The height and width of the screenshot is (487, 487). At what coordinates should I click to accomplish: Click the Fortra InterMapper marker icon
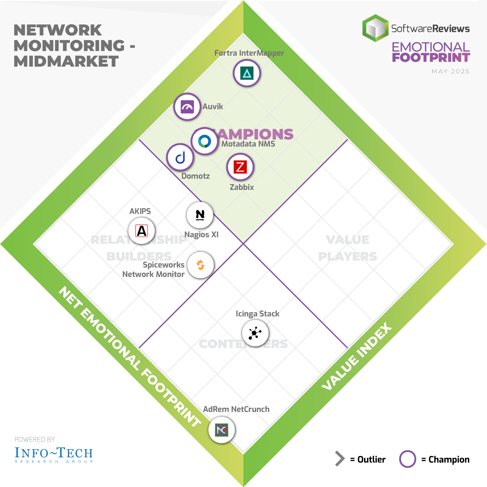(247, 73)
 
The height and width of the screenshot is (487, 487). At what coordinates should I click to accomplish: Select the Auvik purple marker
(188, 107)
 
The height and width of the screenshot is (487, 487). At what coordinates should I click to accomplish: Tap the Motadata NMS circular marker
(205, 142)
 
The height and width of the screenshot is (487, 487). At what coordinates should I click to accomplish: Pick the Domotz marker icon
(180, 157)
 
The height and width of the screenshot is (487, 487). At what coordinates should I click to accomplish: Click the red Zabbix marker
(240, 167)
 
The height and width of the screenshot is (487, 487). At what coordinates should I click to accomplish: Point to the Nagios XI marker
(200, 215)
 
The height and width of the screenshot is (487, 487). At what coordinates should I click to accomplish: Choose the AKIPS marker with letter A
(142, 231)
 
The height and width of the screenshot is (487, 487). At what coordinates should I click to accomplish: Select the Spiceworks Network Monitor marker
(200, 264)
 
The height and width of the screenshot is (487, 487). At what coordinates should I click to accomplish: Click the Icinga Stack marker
(255, 333)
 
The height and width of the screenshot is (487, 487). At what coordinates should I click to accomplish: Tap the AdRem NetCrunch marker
(222, 430)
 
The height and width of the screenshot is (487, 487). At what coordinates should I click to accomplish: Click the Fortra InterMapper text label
(249, 53)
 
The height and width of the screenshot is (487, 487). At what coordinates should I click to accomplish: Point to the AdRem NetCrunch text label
(236, 409)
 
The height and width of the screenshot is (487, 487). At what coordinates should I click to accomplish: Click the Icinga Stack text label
(258, 314)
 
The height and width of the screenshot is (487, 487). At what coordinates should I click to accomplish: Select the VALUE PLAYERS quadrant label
(348, 248)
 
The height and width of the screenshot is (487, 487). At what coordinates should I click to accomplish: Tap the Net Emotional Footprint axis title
(129, 358)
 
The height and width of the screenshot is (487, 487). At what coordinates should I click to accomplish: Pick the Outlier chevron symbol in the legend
(340, 459)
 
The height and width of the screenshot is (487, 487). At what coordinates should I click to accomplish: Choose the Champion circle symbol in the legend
(407, 459)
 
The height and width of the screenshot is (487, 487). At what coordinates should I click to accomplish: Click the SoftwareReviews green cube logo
(375, 28)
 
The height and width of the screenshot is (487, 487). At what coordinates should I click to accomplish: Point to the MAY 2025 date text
(450, 71)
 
